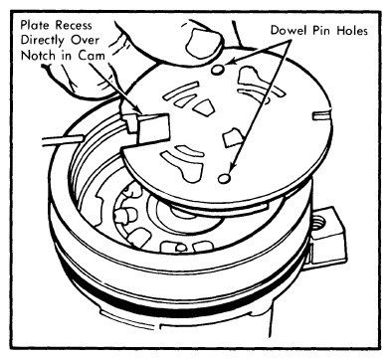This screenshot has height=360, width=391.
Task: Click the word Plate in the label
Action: (36, 25)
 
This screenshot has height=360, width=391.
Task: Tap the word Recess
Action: (74, 25)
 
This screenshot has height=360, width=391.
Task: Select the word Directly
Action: (43, 41)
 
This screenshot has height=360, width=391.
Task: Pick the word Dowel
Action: (290, 30)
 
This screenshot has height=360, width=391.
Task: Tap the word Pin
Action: (322, 30)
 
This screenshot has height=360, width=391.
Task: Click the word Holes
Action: (352, 30)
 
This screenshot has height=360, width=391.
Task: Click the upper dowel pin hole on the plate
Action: (218, 70)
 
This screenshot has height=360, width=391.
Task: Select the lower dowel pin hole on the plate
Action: (224, 178)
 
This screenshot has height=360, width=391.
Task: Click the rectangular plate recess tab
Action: (153, 128)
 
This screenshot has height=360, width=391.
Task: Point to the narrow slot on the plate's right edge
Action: (321, 114)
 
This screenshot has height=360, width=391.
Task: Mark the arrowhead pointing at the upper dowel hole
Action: (233, 62)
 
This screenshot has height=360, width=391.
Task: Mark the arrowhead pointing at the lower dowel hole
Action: (233, 167)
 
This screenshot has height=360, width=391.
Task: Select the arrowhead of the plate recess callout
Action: (138, 109)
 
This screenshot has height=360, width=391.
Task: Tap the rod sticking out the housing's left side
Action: (62, 139)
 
